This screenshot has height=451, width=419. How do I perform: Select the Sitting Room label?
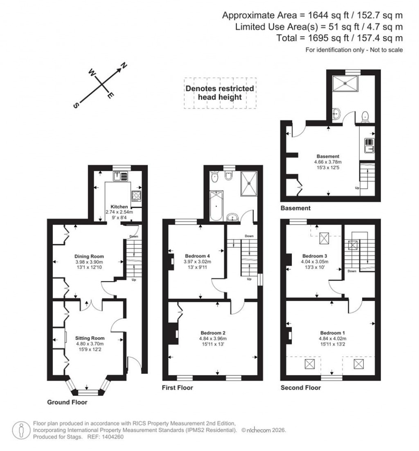click(90, 338)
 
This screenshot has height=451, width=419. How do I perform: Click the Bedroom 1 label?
click(332, 332)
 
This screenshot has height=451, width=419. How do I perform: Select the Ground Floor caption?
click(67, 402)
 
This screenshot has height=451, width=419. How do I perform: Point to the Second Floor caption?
click(301, 387)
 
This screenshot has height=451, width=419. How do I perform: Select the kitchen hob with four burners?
click(136, 196)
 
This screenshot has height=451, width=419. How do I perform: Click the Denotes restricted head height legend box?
click(220, 93)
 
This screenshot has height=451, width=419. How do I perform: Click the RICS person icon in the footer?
click(21, 429)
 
